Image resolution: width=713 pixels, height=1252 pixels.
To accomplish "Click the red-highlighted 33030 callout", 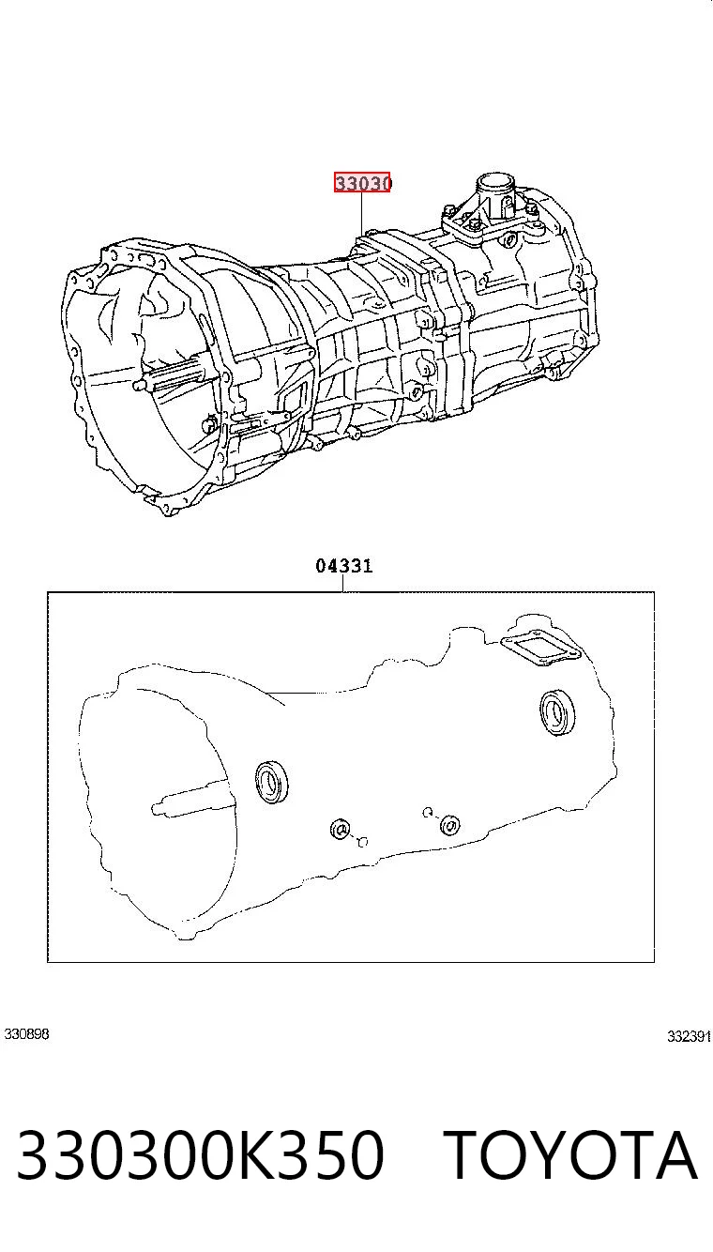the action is pos(362,182).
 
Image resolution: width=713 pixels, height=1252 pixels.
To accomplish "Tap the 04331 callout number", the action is pos(343,566).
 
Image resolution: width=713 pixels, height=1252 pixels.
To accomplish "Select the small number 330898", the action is pos(26,1034).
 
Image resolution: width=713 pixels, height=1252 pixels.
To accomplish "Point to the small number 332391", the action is pos(689,1036).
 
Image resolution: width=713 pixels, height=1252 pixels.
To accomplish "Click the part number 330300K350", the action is pos(201,1154).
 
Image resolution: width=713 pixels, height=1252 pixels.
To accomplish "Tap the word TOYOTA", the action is pos(570,1154).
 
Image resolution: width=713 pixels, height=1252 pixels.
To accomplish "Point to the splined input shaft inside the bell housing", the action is pos(174,374).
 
